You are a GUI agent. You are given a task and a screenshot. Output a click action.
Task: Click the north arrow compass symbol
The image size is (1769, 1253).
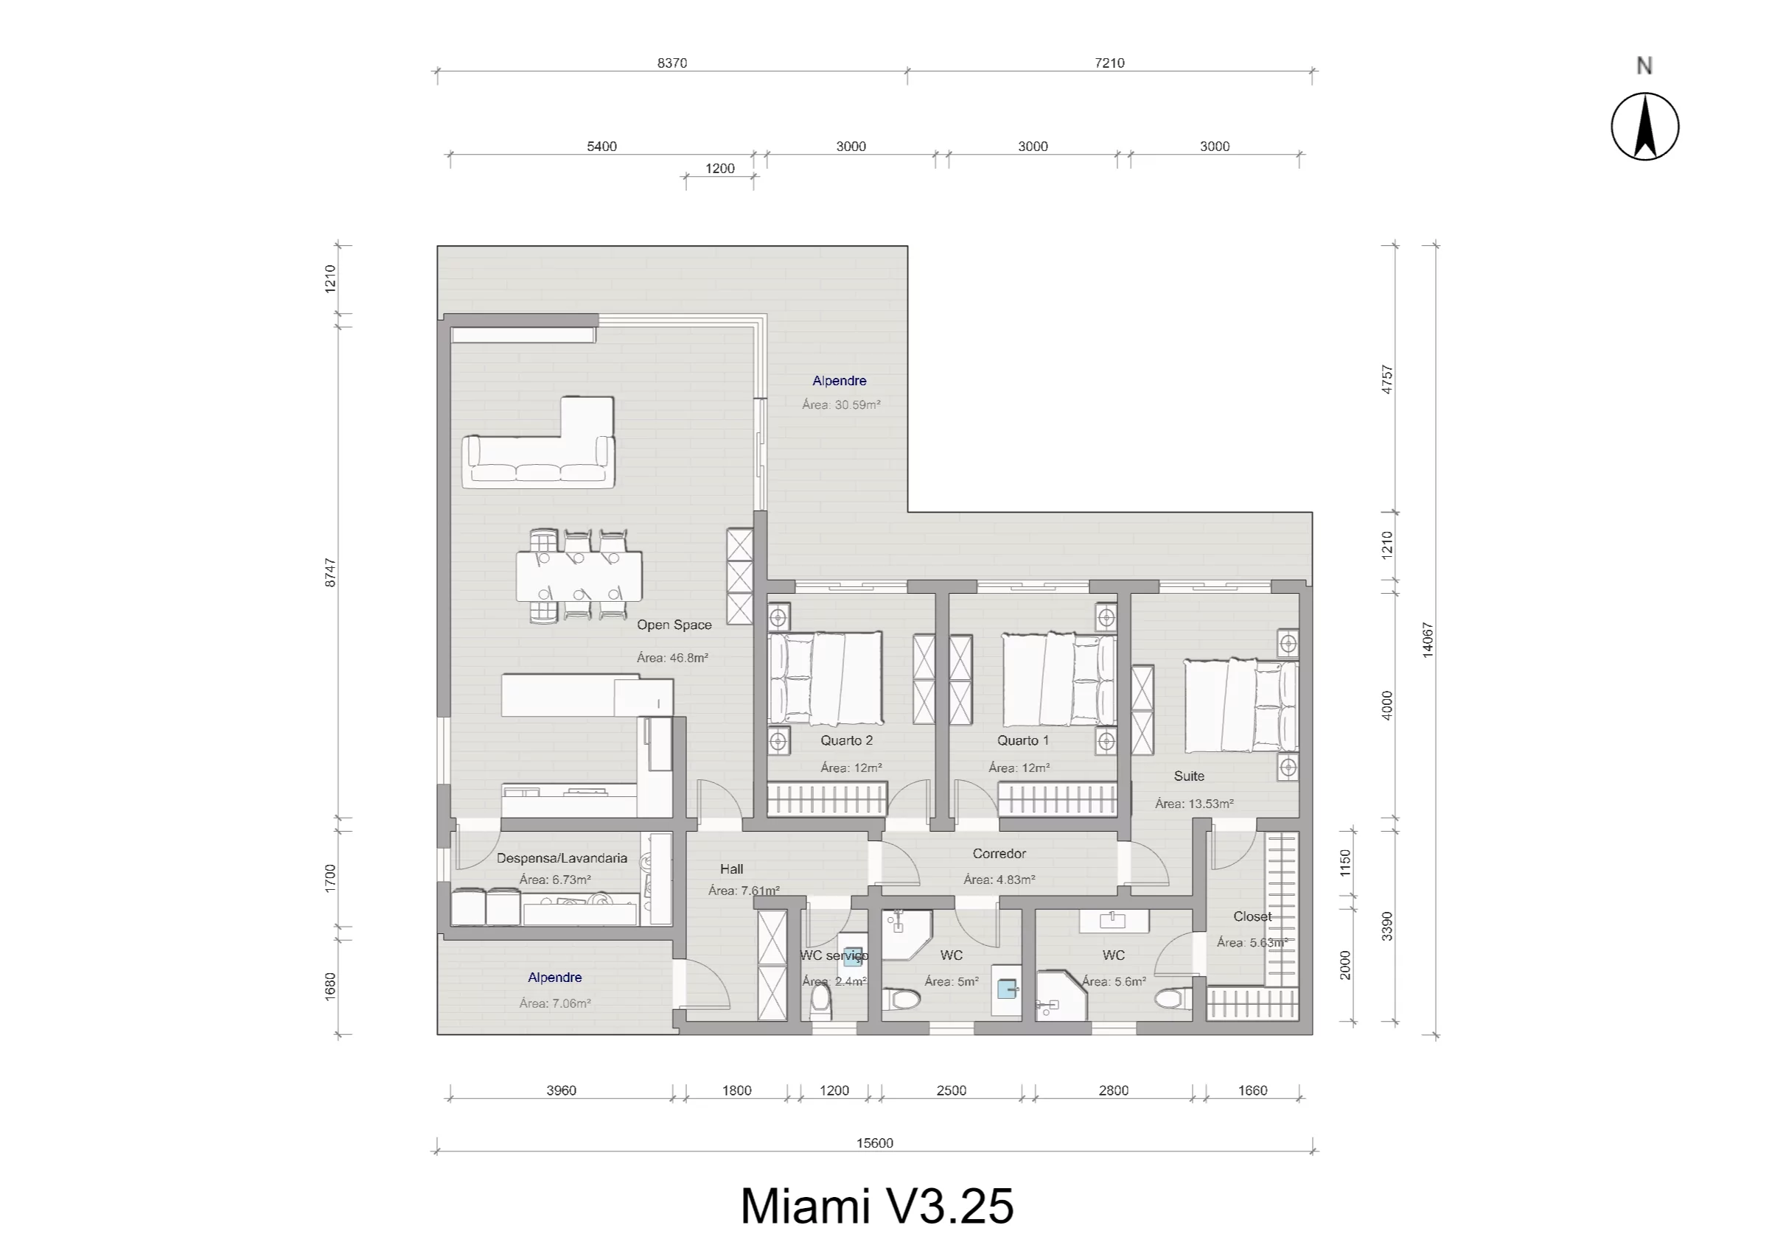(1644, 127)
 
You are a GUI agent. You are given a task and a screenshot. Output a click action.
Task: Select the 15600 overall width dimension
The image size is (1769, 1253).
(874, 1143)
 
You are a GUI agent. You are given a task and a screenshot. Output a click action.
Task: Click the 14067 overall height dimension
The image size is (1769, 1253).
(1427, 639)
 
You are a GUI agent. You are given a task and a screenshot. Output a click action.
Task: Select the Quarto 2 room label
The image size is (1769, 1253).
(846, 741)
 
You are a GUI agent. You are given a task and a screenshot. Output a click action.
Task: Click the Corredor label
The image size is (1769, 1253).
(999, 853)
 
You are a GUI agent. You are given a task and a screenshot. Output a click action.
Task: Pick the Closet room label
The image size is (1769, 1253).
(1252, 916)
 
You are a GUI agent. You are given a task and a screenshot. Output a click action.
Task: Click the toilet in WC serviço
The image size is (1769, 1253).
(820, 1002)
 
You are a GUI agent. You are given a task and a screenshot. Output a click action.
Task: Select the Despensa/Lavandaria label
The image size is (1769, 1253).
(561, 858)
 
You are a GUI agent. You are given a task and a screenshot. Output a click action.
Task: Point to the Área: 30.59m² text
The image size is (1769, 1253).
(840, 404)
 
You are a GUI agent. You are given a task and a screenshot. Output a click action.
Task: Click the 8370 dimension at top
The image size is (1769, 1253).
(671, 63)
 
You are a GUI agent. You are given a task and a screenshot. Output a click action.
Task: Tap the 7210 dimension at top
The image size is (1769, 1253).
(1109, 63)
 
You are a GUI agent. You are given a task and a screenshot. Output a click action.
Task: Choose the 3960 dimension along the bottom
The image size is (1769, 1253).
(561, 1090)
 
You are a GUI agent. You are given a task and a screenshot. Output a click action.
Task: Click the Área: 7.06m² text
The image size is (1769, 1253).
(555, 1004)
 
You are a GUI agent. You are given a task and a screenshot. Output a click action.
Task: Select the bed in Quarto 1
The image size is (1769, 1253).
(1058, 679)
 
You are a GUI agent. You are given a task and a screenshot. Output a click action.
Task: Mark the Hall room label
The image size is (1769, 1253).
(731, 869)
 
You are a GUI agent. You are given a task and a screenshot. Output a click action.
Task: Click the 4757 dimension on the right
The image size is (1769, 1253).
(1386, 379)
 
